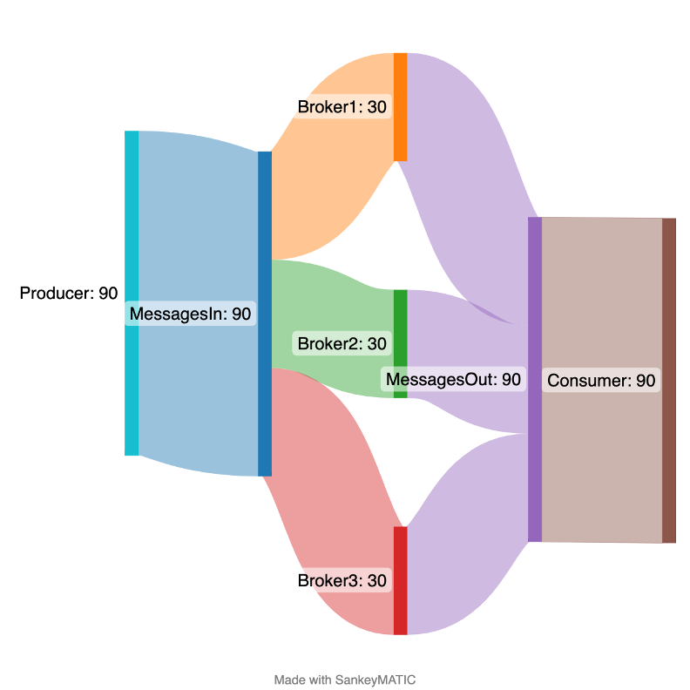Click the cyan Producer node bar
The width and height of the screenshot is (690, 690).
[x=132, y=293]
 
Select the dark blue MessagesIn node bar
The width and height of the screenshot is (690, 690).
[x=265, y=314]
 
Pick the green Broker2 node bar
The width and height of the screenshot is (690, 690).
[x=400, y=314]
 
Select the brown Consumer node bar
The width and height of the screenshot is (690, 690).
[x=668, y=380]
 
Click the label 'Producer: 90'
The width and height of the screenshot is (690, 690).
[x=68, y=294]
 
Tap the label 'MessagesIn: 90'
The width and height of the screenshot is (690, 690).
[x=191, y=314]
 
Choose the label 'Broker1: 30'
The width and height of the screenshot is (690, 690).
[x=342, y=107]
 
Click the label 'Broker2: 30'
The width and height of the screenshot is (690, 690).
[x=342, y=344]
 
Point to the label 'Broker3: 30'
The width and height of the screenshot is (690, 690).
[x=342, y=580]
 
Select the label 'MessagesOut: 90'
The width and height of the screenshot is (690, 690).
[x=453, y=379]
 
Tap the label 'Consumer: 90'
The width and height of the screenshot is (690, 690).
[x=600, y=381]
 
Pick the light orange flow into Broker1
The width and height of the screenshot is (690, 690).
[x=331, y=174]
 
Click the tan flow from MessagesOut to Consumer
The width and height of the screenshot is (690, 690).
[x=601, y=470]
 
